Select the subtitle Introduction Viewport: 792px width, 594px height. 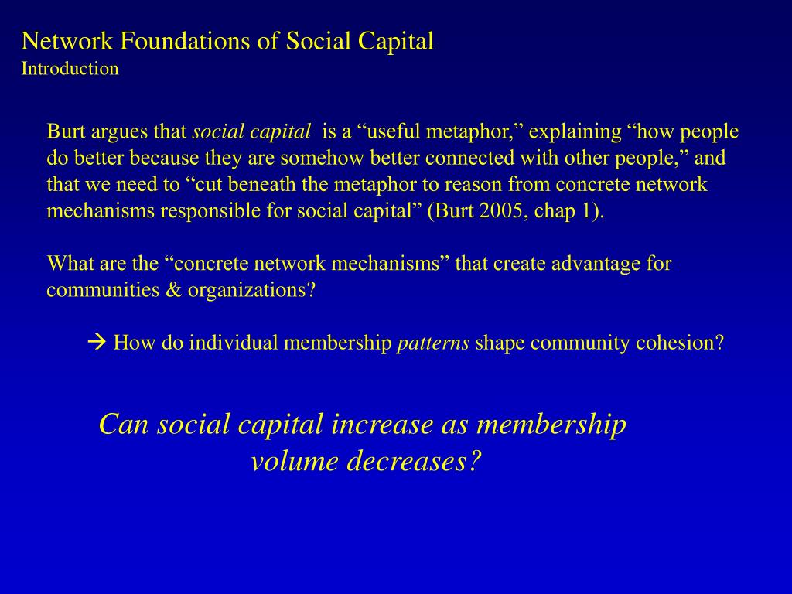tap(70, 69)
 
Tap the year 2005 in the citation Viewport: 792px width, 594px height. tap(500, 211)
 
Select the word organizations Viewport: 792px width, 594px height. tap(248, 290)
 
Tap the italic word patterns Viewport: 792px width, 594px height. tap(433, 343)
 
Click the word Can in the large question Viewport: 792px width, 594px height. tap(125, 425)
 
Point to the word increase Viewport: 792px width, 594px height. tap(383, 425)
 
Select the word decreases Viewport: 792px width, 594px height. tap(408, 462)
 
